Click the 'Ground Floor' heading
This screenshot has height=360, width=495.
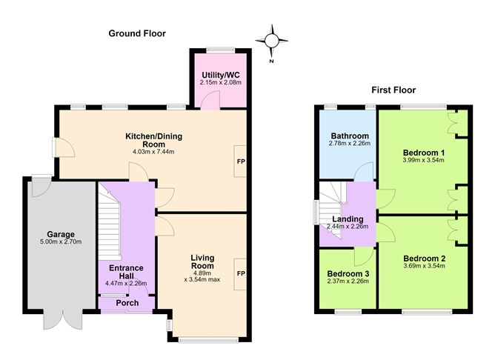pyautogui.click(x=137, y=33)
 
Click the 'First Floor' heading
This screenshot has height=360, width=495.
pyautogui.click(x=393, y=90)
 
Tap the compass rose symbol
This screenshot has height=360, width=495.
pyautogui.click(x=271, y=41)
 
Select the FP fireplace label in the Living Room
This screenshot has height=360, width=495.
pyautogui.click(x=241, y=273)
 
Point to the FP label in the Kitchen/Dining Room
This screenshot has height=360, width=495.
pyautogui.click(x=241, y=161)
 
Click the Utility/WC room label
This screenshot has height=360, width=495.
pyautogui.click(x=221, y=75)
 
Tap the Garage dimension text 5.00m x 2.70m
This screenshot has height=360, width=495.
pyautogui.click(x=61, y=242)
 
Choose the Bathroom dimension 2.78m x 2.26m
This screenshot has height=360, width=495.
pyautogui.click(x=350, y=143)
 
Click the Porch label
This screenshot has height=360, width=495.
pyautogui.click(x=127, y=303)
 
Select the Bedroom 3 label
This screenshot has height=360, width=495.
pyautogui.click(x=348, y=273)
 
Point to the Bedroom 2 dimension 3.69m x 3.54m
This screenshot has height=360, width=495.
pyautogui.click(x=425, y=266)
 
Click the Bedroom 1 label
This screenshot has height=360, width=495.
pyautogui.click(x=424, y=153)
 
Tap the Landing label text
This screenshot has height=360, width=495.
pyautogui.click(x=348, y=219)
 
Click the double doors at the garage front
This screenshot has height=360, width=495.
pyautogui.click(x=63, y=319)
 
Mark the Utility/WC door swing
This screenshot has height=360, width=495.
pyautogui.click(x=210, y=100)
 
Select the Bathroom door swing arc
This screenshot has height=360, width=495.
pyautogui.click(x=364, y=172)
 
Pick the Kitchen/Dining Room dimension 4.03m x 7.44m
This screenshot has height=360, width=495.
pyautogui.click(x=153, y=152)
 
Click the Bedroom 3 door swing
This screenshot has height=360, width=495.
pyautogui.click(x=364, y=257)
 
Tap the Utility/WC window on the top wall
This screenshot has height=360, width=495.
pyautogui.click(x=221, y=50)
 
